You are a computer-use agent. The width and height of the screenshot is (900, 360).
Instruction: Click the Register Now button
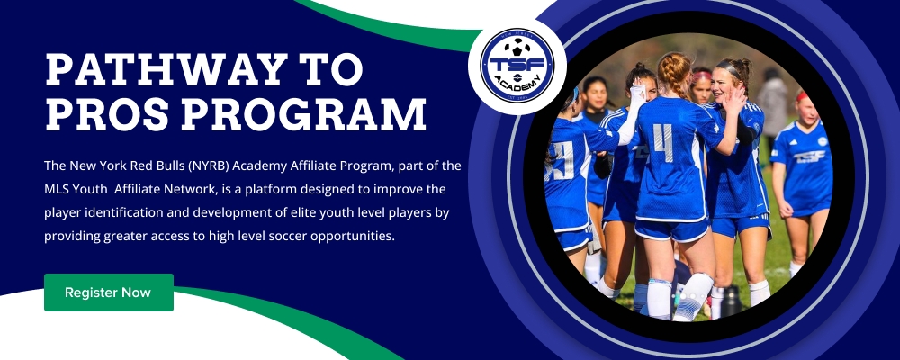point(109,292)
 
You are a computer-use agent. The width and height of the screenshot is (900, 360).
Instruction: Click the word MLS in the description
point(56,189)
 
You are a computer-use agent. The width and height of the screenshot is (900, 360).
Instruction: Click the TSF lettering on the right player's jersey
point(809,156)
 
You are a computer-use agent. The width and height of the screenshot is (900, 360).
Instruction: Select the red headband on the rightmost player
point(801,96)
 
